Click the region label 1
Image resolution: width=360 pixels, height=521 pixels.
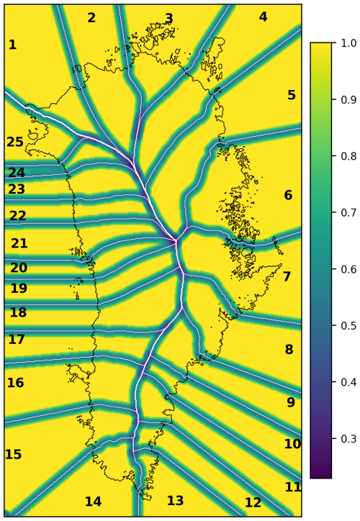point(12,45)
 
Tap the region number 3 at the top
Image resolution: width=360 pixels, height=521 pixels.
point(169,19)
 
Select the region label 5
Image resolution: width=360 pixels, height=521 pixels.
point(292,96)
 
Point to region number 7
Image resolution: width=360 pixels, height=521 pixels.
point(287,277)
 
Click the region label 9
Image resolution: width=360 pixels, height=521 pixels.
point(291,403)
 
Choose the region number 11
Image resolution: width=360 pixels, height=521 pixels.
point(292,487)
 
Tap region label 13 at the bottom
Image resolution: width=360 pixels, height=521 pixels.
point(176,501)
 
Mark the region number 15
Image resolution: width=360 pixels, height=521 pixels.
point(13,455)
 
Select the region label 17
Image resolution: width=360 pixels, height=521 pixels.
point(16,340)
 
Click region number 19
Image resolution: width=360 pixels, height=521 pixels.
point(19,289)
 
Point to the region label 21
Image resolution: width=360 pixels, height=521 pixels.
point(19,244)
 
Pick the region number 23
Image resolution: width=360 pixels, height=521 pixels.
point(17,190)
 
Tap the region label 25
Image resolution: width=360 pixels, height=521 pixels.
point(15,142)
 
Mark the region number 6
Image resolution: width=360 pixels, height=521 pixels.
point(288,196)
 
